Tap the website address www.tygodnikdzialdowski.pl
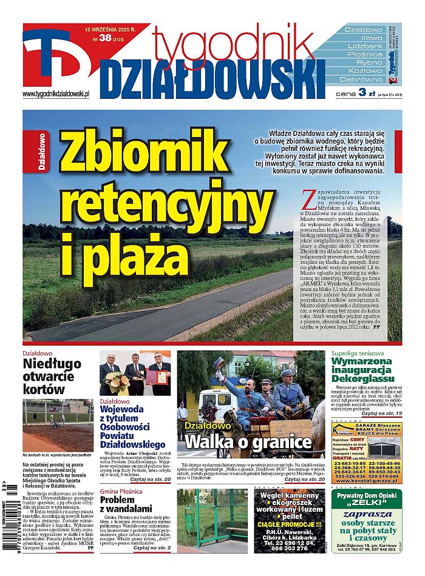coord(56,94)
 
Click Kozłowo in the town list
coord(362,71)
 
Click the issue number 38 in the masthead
coord(104,38)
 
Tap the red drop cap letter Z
coord(307,196)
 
